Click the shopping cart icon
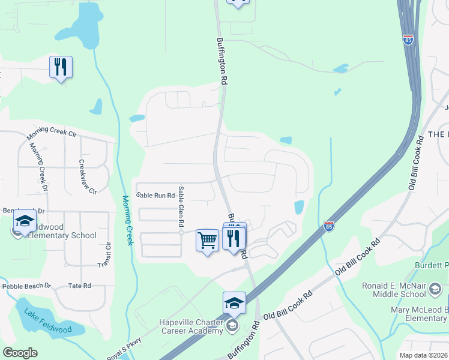[207, 241]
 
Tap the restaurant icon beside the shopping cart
[234, 239]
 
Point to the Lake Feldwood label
[44, 313]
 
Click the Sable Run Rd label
[155, 195]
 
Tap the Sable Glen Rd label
[181, 206]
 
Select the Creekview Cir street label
[86, 177]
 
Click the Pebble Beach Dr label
[27, 286]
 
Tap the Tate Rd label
[79, 286]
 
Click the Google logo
[20, 352]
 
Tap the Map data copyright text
[423, 355]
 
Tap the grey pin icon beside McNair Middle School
[434, 290]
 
